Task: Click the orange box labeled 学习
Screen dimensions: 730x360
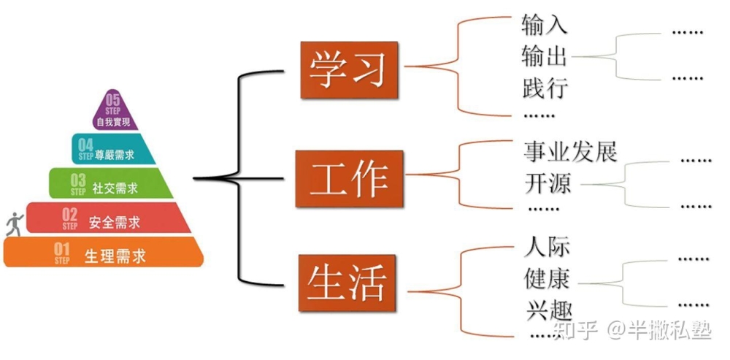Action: point(349,70)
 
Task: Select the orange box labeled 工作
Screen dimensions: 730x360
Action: point(349,179)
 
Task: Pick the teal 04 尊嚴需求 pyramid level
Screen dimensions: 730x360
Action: point(114,148)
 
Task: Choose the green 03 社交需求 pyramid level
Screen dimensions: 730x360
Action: point(111,183)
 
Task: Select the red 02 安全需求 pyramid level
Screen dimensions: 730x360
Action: point(108,218)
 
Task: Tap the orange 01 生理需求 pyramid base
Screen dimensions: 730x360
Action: point(104,251)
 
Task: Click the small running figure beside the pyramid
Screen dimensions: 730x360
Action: point(14,224)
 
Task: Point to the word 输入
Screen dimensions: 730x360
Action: point(545,24)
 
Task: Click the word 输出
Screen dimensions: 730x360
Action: point(545,56)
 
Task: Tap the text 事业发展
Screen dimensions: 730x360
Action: point(570,151)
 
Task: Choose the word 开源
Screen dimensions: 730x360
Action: point(548,183)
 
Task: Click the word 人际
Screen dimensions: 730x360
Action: point(547,246)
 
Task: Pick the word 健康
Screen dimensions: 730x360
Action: point(547,278)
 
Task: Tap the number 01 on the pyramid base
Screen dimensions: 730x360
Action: point(61,249)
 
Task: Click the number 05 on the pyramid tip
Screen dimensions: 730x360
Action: point(113,100)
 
